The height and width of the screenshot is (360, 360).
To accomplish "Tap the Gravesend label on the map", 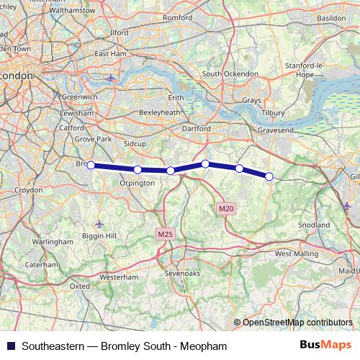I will (276, 128).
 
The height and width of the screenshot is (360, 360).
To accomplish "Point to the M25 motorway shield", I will (165, 234).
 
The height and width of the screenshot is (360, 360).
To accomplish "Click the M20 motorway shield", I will (225, 209).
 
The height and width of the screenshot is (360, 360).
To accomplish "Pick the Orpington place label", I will (137, 183).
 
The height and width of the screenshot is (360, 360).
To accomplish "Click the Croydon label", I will (29, 191).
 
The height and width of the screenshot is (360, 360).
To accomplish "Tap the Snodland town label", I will (312, 225).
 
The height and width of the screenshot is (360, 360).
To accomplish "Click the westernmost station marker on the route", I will (91, 165).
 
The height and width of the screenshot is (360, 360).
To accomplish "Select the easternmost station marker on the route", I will (269, 176).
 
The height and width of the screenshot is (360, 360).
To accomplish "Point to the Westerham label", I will (118, 276).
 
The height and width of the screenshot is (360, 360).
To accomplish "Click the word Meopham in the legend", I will (204, 346).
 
